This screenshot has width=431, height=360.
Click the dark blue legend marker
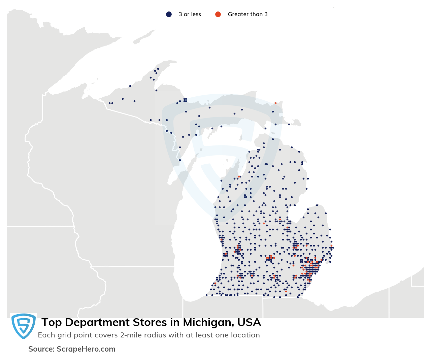coord(169,14)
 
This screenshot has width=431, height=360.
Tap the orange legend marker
coord(218,14)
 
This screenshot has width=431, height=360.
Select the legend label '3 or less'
coord(190,14)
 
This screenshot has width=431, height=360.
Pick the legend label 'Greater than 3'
coord(247,14)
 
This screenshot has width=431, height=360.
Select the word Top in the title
coord(52,323)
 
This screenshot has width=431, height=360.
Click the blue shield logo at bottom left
coord(24,326)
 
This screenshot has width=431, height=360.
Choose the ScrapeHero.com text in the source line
coord(86,349)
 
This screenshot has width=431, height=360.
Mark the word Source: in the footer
coord(41,349)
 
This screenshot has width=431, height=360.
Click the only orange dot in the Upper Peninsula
coord(275,103)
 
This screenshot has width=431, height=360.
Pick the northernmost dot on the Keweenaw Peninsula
coord(158,69)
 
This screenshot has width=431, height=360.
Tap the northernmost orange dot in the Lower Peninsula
coord(239,176)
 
